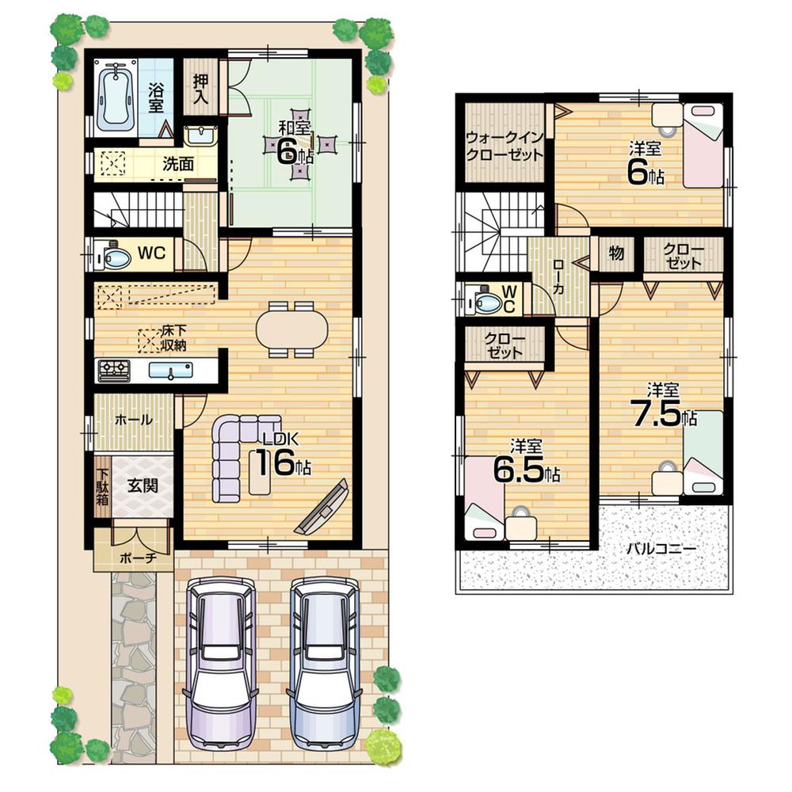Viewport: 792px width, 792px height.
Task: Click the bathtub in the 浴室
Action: point(116,98)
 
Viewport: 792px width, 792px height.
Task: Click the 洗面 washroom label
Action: point(178,164)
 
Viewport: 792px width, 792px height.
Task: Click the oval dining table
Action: point(291,327)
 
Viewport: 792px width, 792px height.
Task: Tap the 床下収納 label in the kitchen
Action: point(173,336)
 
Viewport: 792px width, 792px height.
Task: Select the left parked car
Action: point(221,661)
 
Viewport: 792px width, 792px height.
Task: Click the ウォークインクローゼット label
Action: point(505,147)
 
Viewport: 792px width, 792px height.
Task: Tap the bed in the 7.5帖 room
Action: point(703,455)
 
